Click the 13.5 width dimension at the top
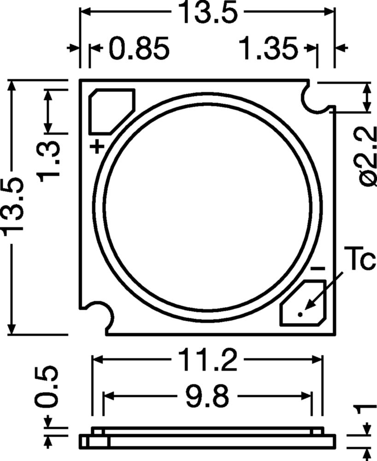click(x=207, y=13)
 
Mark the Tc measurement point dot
click(x=300, y=314)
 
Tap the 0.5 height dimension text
click(x=48, y=387)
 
